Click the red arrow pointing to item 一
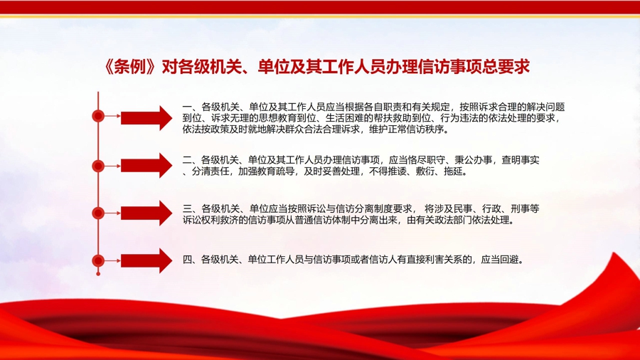point(146,118)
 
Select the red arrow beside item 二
point(146,165)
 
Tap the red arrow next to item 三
point(146,213)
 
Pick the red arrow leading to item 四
point(146,260)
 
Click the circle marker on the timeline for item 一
point(98,117)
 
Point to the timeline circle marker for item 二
point(98,166)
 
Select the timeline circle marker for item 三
point(98,213)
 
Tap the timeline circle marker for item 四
point(98,260)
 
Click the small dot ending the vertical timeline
point(98,274)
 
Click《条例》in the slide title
point(131,67)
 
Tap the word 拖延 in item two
point(453,171)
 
